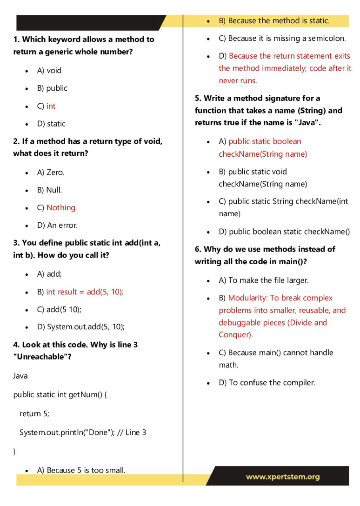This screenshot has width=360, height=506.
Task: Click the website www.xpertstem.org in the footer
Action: [283, 477]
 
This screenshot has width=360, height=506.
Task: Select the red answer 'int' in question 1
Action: [51, 106]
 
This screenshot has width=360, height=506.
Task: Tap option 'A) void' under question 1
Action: [49, 71]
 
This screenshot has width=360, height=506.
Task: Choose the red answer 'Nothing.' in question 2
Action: [61, 208]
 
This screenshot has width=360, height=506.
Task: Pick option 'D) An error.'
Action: [58, 226]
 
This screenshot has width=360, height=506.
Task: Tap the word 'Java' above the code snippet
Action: [20, 376]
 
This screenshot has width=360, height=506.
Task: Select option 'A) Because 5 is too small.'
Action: [81, 470]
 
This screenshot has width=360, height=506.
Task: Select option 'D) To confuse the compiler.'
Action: [267, 383]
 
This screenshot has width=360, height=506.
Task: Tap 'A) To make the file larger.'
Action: [264, 280]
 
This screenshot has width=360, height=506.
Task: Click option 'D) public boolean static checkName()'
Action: [284, 232]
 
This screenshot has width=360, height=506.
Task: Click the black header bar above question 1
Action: [88, 22]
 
